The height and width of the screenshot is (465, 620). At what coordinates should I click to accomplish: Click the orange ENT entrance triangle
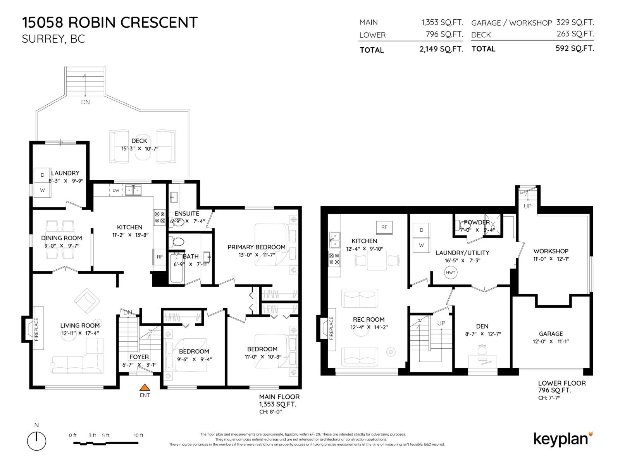pyautogui.click(x=145, y=387)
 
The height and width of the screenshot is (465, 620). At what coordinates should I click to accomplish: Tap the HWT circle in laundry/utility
pyautogui.click(x=450, y=272)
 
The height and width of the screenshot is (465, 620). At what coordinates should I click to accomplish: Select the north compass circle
pyautogui.click(x=36, y=441)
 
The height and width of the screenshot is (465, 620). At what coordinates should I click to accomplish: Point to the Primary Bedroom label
pyautogui.click(x=256, y=247)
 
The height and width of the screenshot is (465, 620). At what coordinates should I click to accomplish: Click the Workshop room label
pyautogui.click(x=551, y=251)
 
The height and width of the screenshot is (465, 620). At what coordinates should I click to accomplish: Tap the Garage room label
pyautogui.click(x=551, y=334)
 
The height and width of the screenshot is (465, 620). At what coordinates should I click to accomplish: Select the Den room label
pyautogui.click(x=482, y=326)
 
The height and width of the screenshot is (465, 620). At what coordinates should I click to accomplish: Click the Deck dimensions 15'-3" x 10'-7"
pyautogui.click(x=139, y=149)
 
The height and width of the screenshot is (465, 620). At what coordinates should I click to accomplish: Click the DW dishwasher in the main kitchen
pyautogui.click(x=116, y=190)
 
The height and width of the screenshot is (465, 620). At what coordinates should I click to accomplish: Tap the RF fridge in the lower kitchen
pyautogui.click(x=384, y=227)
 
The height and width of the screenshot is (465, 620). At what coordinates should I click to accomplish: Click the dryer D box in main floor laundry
pyautogui.click(x=42, y=175)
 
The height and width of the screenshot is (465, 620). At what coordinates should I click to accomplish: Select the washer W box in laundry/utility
pyautogui.click(x=421, y=245)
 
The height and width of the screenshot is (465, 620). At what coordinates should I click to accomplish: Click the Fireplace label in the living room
pyautogui.click(x=37, y=329)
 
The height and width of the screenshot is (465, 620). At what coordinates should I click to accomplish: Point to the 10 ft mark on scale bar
pyautogui.click(x=138, y=436)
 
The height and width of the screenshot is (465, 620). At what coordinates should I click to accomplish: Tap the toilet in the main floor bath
pyautogui.click(x=178, y=242)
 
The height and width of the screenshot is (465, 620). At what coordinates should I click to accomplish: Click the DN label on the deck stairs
pyautogui.click(x=85, y=102)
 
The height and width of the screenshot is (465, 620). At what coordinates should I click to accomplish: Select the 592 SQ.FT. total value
pyautogui.click(x=574, y=49)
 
